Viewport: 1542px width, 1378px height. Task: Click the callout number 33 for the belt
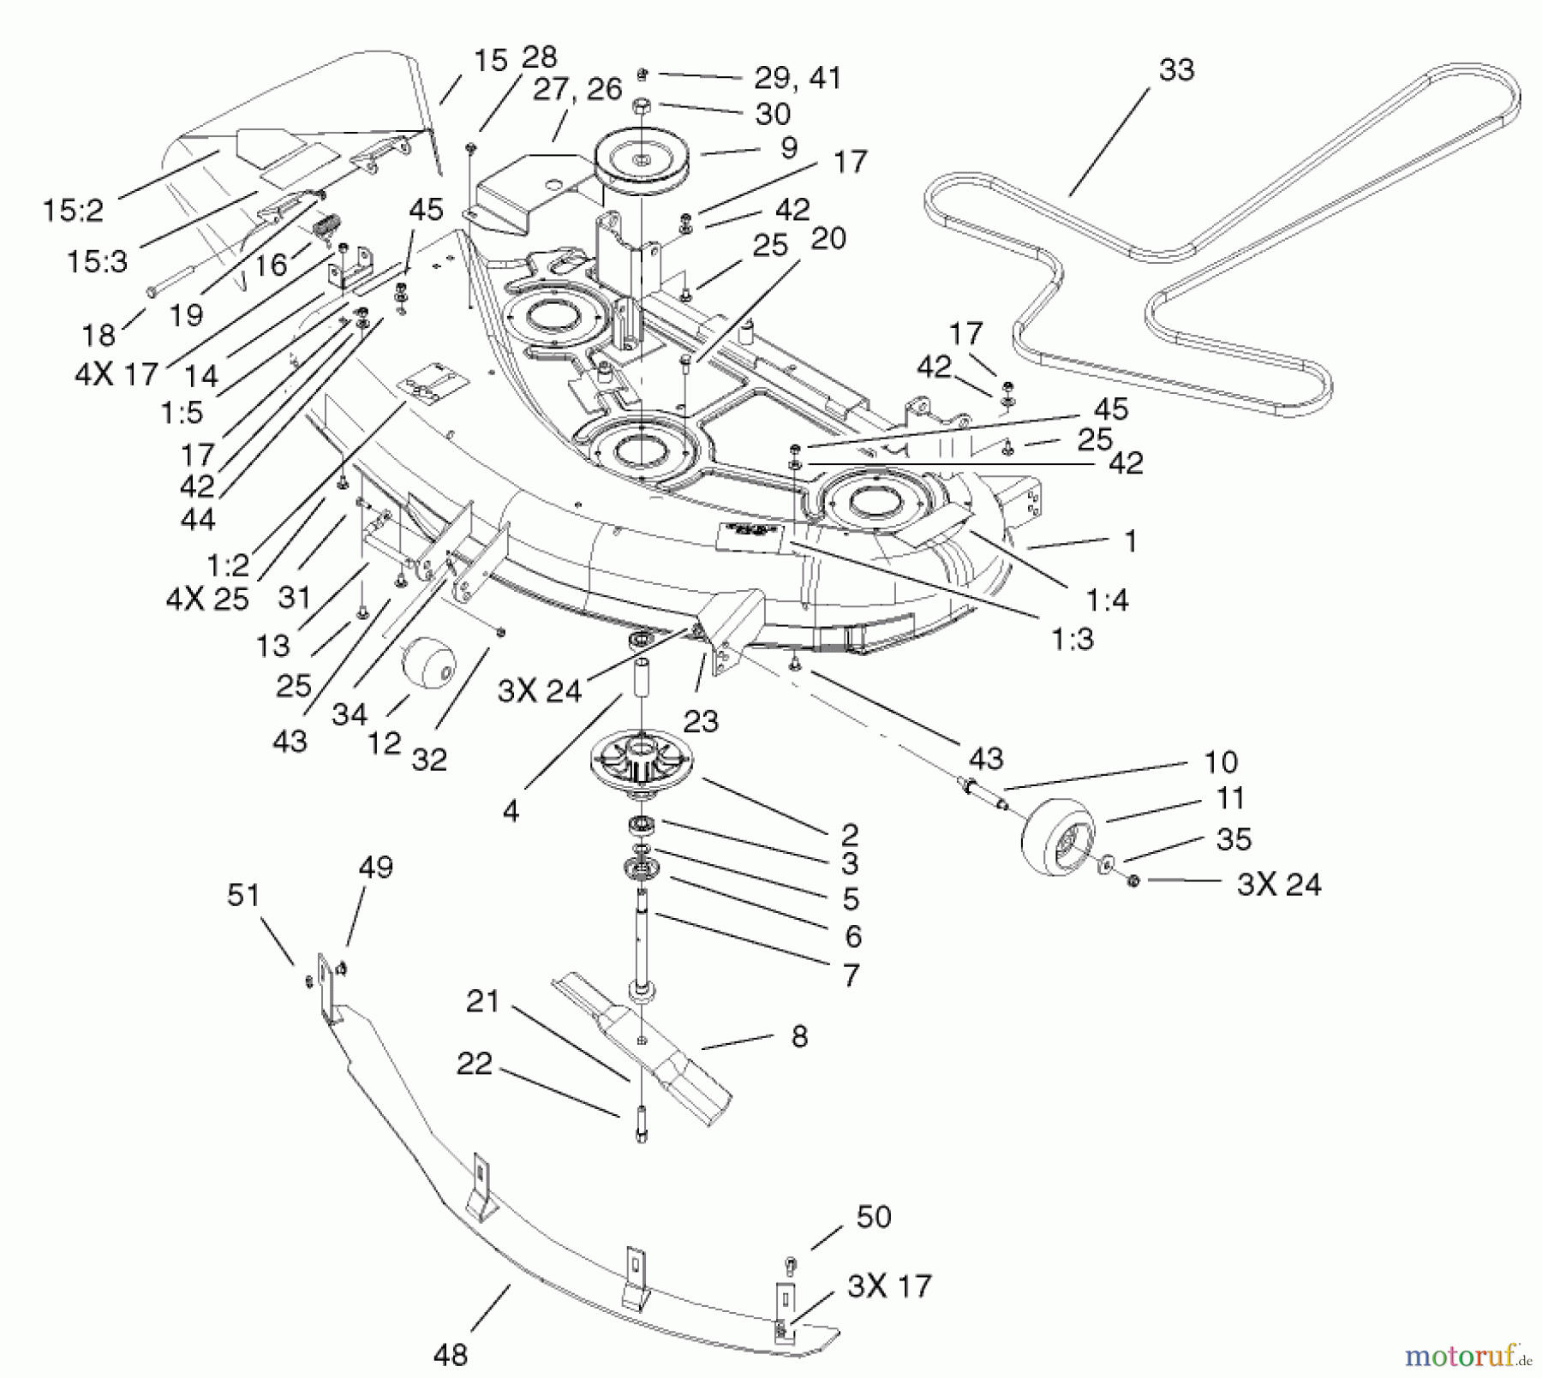coord(1175,70)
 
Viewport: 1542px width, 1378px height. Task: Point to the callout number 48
coord(451,1354)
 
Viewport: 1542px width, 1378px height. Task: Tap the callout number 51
coord(243,895)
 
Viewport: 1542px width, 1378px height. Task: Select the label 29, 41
coord(798,78)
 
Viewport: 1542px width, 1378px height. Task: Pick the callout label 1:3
coord(1073,639)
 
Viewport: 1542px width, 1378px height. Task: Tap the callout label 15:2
coord(73,210)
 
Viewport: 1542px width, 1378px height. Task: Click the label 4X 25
coord(207,598)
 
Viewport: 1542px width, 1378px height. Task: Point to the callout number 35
coord(1234,839)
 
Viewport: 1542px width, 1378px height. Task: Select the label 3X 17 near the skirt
coord(888,1286)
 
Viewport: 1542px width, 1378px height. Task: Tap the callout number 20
coord(828,238)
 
